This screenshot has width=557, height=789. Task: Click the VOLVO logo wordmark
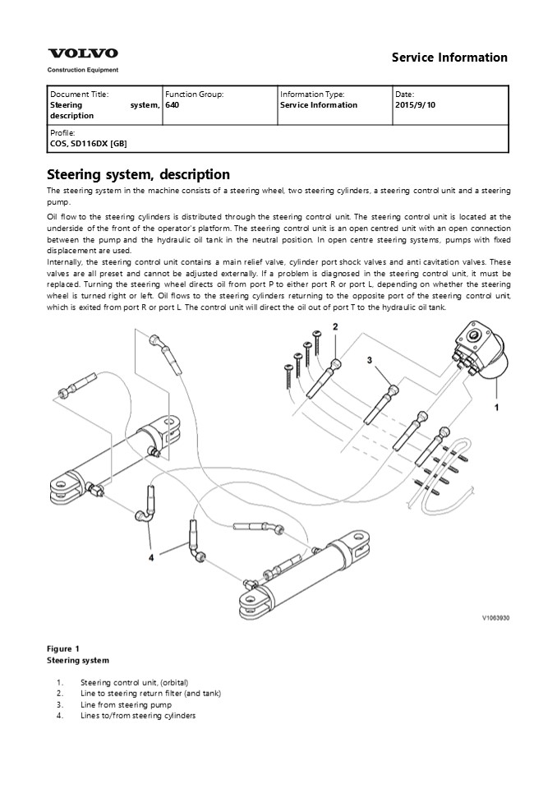click(82, 53)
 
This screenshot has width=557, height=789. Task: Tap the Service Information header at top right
click(449, 58)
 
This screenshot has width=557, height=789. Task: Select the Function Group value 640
click(172, 105)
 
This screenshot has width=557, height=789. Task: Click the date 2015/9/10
click(416, 105)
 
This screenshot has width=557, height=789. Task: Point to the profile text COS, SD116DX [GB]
click(89, 143)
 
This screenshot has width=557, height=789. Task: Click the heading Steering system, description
click(138, 174)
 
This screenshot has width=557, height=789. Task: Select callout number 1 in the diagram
click(496, 405)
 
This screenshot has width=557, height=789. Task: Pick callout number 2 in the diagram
click(335, 327)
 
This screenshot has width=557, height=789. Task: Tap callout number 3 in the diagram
click(370, 360)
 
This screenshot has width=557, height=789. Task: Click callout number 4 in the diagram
click(151, 557)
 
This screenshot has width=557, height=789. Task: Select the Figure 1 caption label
click(63, 648)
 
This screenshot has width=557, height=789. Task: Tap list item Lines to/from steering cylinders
click(138, 716)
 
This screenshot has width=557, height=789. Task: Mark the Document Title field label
click(79, 95)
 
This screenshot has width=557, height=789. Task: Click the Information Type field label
click(312, 95)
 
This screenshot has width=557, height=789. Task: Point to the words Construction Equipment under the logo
click(83, 70)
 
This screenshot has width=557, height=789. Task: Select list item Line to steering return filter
click(150, 694)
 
